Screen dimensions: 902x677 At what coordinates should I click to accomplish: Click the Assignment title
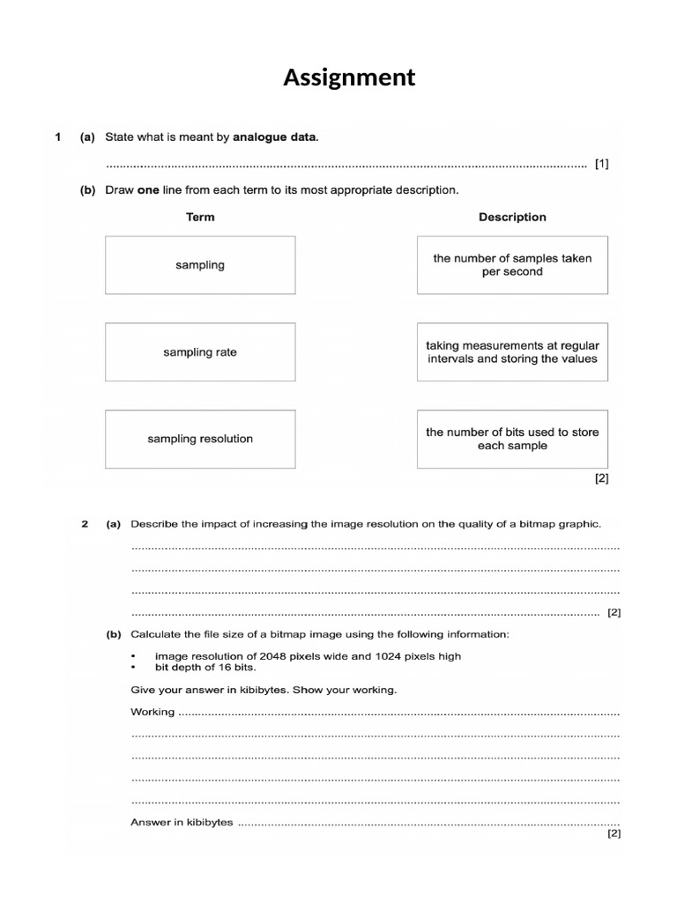[348, 78]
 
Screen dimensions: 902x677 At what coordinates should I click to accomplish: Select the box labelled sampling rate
[200, 352]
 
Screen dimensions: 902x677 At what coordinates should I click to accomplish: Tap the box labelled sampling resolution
[200, 439]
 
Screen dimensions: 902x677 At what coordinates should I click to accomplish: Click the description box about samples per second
[512, 265]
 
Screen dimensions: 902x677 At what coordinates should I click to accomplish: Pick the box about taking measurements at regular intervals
[512, 352]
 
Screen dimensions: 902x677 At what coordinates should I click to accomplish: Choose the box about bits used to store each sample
[512, 439]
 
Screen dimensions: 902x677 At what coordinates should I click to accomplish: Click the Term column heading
[200, 217]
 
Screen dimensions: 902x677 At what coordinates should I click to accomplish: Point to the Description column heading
[512, 217]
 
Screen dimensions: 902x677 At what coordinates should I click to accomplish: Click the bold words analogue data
[274, 137]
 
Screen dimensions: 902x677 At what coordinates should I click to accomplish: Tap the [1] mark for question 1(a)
[601, 164]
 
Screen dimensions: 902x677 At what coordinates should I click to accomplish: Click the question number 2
[85, 524]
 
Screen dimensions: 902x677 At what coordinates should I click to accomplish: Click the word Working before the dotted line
[153, 712]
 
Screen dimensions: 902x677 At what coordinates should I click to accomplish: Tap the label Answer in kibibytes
[182, 822]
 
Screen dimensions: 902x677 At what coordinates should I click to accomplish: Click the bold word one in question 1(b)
[149, 189]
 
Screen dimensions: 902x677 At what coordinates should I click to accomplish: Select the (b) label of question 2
[114, 634]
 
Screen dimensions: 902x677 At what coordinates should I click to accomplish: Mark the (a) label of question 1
[87, 137]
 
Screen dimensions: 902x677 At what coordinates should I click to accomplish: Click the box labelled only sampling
[200, 265]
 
